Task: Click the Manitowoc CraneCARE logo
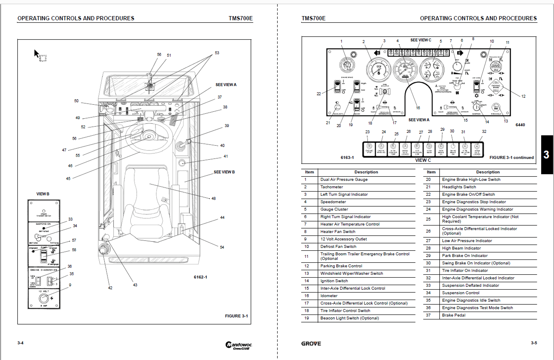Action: (x=238, y=345)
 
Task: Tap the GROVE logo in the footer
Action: (x=311, y=343)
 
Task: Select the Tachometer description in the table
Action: (x=331, y=187)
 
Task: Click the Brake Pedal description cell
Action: (x=453, y=315)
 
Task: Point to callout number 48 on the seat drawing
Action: (x=213, y=199)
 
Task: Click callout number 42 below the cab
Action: (x=110, y=288)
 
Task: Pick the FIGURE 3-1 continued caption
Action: (x=511, y=157)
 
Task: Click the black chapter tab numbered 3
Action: (x=546, y=155)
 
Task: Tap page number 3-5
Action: (x=534, y=343)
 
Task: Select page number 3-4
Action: (x=21, y=343)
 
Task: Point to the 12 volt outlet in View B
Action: (x=43, y=298)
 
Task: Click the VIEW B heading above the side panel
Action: (x=43, y=194)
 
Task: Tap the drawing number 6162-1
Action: (x=200, y=277)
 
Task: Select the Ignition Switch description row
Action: (x=334, y=281)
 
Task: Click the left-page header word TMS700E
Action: (x=240, y=18)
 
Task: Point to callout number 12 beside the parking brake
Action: (x=523, y=96)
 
